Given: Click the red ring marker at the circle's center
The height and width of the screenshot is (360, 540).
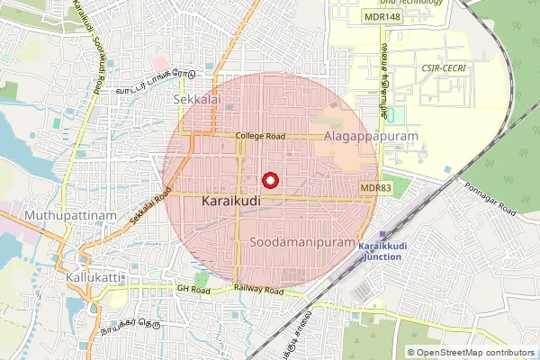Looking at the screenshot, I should pyautogui.click(x=269, y=178).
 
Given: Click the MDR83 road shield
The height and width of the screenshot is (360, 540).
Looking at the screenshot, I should pyautogui.click(x=374, y=187).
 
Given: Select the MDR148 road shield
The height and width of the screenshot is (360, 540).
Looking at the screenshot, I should pyautogui.click(x=382, y=17).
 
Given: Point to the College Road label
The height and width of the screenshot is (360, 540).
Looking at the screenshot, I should pyautogui.click(x=260, y=136).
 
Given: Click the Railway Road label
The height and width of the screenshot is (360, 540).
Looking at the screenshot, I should pyautogui.click(x=259, y=290).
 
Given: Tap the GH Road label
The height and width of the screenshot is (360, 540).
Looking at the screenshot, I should pyautogui.click(x=193, y=290).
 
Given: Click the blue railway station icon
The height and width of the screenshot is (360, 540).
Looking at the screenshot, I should pyautogui.click(x=386, y=233).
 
